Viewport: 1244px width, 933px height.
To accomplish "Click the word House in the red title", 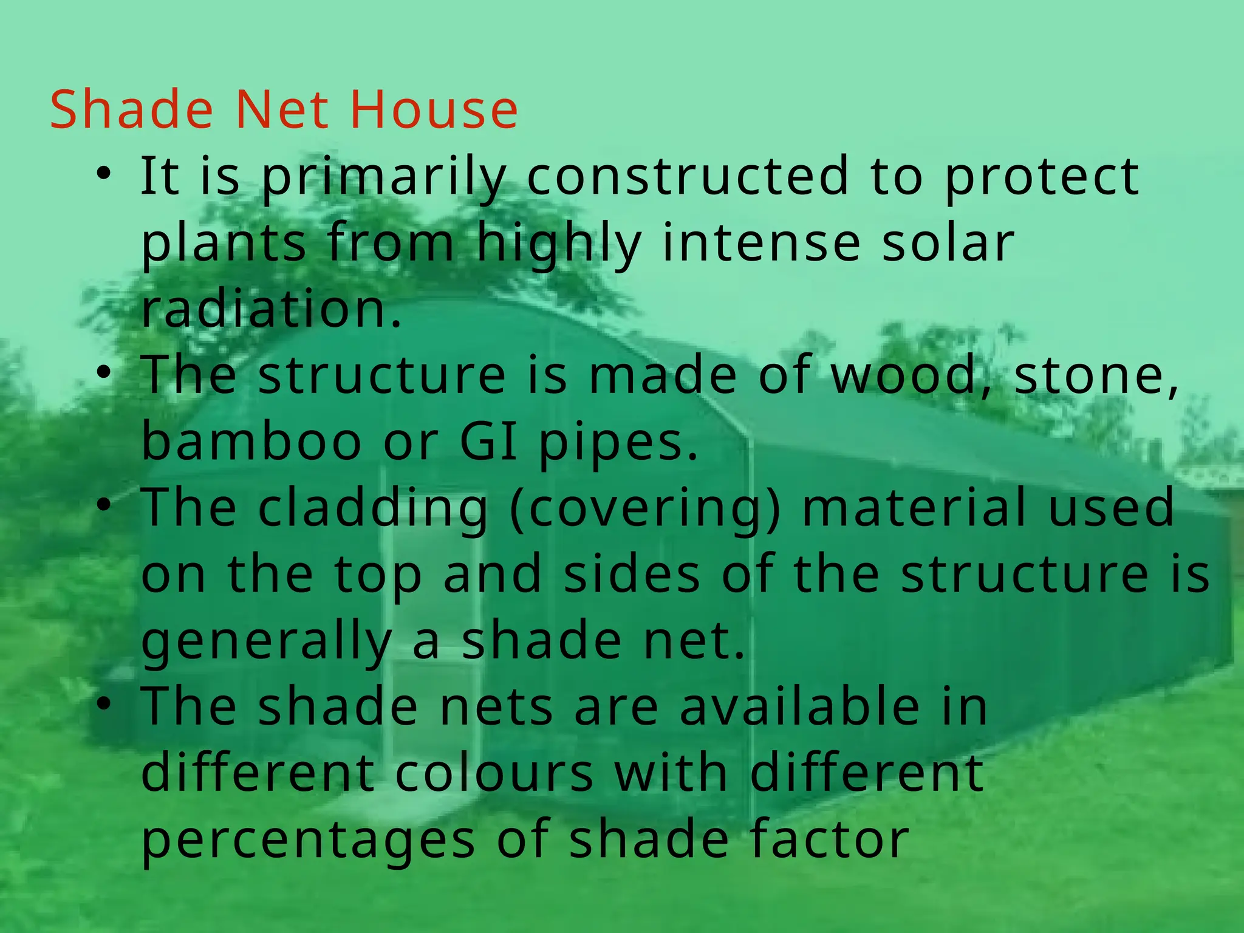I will click(x=434, y=109).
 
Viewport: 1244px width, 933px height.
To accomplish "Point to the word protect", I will click(x=1042, y=177).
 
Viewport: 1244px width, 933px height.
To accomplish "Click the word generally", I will click(x=266, y=643).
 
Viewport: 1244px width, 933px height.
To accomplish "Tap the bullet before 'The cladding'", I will click(x=104, y=505).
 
